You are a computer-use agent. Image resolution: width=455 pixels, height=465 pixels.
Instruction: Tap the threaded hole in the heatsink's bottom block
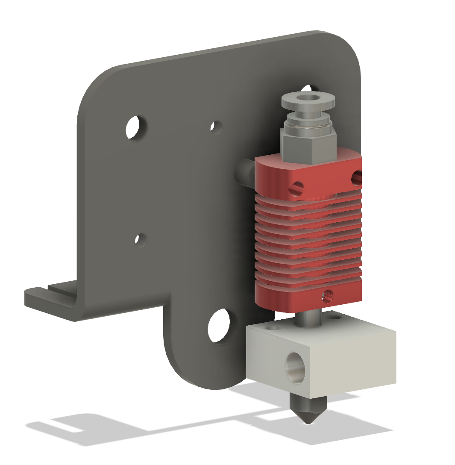tap(328, 295)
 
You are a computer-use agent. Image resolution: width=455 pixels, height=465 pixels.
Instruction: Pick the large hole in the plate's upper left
tap(133, 127)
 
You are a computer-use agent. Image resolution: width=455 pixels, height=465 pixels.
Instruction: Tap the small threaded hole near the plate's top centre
tap(215, 127)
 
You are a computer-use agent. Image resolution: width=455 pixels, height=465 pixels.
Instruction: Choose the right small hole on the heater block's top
tap(332, 318)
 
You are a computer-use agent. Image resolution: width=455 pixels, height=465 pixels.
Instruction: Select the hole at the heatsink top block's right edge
tap(356, 177)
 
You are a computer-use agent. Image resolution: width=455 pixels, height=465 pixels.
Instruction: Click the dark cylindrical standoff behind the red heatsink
tap(245, 174)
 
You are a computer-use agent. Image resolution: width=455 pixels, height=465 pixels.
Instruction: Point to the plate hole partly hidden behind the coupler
tap(306, 88)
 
